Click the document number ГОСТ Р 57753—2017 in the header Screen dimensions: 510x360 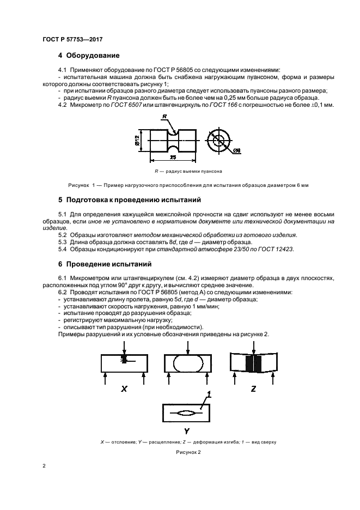(72, 39)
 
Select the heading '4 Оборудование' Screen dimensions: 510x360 (89, 56)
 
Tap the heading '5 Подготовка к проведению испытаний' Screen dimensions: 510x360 (130, 200)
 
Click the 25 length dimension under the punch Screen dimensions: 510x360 (172, 157)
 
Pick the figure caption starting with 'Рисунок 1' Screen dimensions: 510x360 (185, 185)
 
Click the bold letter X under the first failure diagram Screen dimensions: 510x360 (124, 388)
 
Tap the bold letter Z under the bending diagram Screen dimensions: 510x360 (254, 388)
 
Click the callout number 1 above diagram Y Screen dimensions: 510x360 (209, 394)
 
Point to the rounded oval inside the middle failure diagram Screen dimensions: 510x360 (188, 363)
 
